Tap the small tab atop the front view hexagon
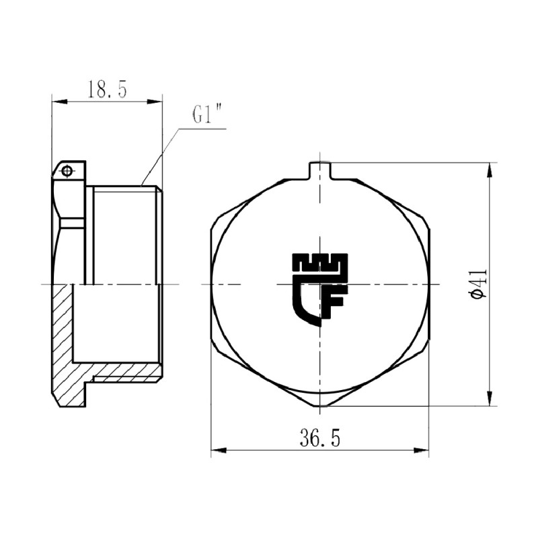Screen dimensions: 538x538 [x=320, y=170]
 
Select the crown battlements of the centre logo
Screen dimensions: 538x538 [x=320, y=262]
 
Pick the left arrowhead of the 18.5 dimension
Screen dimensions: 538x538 [x=57, y=102]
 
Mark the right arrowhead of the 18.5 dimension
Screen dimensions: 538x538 [x=158, y=102]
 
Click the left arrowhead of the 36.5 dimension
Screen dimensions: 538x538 [x=217, y=451]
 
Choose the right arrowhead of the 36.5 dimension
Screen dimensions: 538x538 [x=424, y=451]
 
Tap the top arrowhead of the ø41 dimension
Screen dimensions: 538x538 [x=489, y=168]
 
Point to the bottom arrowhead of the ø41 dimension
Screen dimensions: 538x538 [x=489, y=401]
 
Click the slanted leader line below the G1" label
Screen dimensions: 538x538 [x=160, y=155]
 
